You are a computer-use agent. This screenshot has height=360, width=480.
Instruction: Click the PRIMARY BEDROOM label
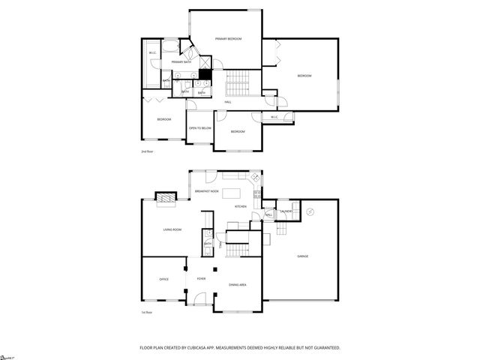pos(228,38)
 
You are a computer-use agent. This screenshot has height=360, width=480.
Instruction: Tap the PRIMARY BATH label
pos(181,61)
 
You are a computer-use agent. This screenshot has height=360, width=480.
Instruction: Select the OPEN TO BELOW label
pos(200,128)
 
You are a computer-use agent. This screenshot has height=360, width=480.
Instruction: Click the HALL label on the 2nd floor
pos(228,102)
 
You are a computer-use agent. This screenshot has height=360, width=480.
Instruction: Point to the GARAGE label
pos(302,256)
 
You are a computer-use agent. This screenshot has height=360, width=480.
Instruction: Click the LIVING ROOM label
pos(172,229)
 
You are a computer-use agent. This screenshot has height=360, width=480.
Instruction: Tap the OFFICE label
pos(163,279)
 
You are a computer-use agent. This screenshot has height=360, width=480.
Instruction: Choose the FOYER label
pos(201,279)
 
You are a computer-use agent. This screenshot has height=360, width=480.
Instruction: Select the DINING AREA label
pos(238,285)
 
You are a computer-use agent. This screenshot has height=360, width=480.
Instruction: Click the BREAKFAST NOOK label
pos(206,192)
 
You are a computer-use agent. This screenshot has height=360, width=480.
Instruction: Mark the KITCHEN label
pos(240,206)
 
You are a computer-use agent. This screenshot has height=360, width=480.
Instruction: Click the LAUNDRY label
pos(286,211)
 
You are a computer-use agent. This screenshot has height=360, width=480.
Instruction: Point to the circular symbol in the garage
pos(309,212)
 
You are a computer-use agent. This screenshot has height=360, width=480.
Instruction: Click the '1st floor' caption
pos(147,312)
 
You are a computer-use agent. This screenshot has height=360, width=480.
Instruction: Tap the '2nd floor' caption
pos(148,151)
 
